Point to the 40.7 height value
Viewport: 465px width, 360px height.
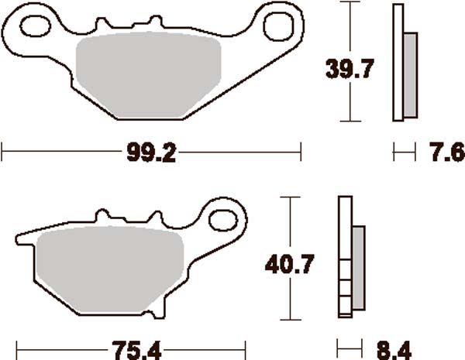point(291,264)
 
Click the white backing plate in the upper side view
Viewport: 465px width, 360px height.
point(399,62)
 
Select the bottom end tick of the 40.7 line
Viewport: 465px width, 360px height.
point(291,320)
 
